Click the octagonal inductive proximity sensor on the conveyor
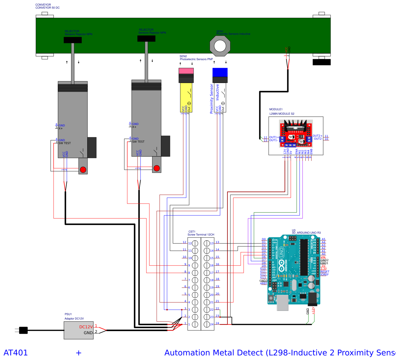point(220,46)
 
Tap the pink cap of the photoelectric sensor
point(186,71)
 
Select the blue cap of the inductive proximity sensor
point(220,72)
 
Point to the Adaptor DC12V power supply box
point(79,330)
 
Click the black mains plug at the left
point(23,330)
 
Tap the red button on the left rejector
point(83,170)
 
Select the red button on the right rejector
point(157,168)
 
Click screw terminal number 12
point(195,243)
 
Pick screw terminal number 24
point(207,324)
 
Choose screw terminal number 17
point(207,273)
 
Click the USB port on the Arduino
point(283,303)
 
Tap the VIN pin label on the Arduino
point(323,257)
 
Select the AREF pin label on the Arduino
point(263,284)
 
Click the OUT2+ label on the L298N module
point(317,136)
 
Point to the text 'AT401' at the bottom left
point(16,353)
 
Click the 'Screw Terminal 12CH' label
point(201,235)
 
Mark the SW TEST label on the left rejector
point(65,143)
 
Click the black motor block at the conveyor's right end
point(321,62)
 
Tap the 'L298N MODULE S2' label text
point(282,114)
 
